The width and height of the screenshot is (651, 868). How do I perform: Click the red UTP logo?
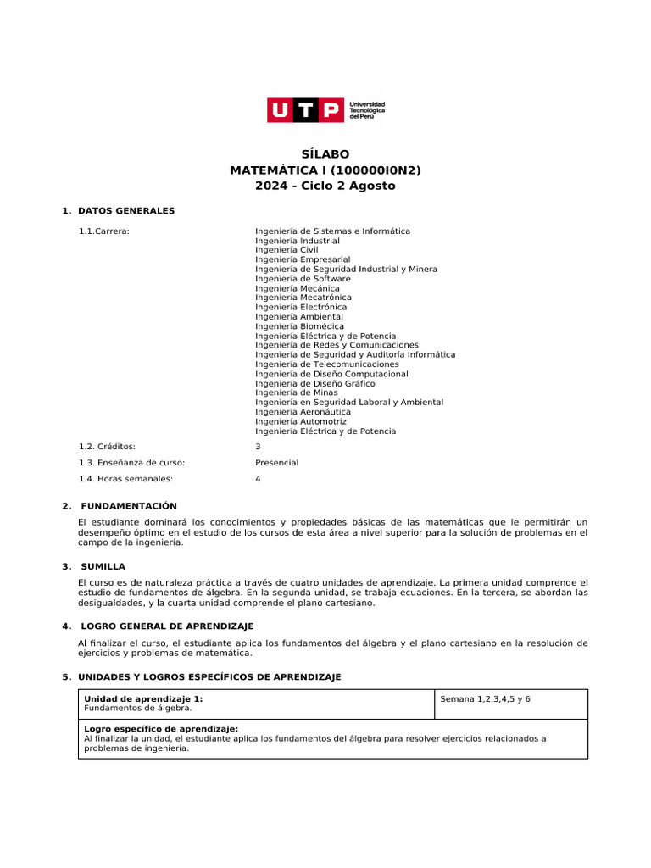tap(306, 110)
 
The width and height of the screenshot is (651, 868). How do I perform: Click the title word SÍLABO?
tap(325, 154)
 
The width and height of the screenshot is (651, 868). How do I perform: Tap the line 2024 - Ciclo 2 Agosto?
tap(325, 186)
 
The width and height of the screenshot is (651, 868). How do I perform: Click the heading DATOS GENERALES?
tap(126, 210)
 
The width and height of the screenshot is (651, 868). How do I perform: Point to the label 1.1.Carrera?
tap(104, 231)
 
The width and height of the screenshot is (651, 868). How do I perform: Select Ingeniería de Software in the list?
tap(303, 279)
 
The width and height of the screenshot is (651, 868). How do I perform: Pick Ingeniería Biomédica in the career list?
tap(300, 326)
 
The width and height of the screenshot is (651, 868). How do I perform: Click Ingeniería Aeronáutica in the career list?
tap(303, 412)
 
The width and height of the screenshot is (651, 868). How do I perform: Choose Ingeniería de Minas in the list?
tap(297, 392)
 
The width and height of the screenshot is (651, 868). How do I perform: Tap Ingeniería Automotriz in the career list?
tap(301, 421)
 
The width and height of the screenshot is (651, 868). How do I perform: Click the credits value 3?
tap(259, 446)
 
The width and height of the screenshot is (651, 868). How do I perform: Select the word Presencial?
tap(277, 463)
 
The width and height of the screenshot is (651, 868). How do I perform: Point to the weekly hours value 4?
tap(259, 479)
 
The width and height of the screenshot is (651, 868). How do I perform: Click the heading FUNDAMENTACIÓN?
tap(129, 506)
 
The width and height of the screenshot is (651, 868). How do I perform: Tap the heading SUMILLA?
tap(103, 566)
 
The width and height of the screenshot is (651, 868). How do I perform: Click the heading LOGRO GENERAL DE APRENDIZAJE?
tap(167, 626)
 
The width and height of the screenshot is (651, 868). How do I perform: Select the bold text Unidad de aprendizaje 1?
tap(144, 699)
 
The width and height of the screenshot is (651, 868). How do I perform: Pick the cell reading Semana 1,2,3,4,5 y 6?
tap(486, 699)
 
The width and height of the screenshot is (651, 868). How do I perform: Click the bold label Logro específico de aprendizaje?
tap(161, 729)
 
